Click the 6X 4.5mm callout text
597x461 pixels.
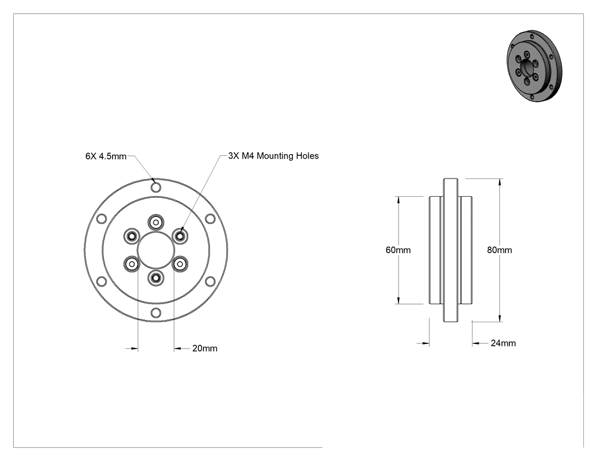[x=106, y=156]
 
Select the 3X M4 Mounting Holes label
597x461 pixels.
[x=273, y=156]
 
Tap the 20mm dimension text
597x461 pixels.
[x=205, y=348]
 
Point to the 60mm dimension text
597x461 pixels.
[x=398, y=250]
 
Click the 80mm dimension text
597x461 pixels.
[x=500, y=250]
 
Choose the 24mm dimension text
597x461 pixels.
[x=503, y=343]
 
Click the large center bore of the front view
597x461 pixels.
[x=156, y=251]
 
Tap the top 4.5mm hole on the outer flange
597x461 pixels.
[x=156, y=187]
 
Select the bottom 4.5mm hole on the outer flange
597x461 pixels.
[x=156, y=313]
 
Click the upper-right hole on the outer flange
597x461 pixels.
[x=210, y=219]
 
